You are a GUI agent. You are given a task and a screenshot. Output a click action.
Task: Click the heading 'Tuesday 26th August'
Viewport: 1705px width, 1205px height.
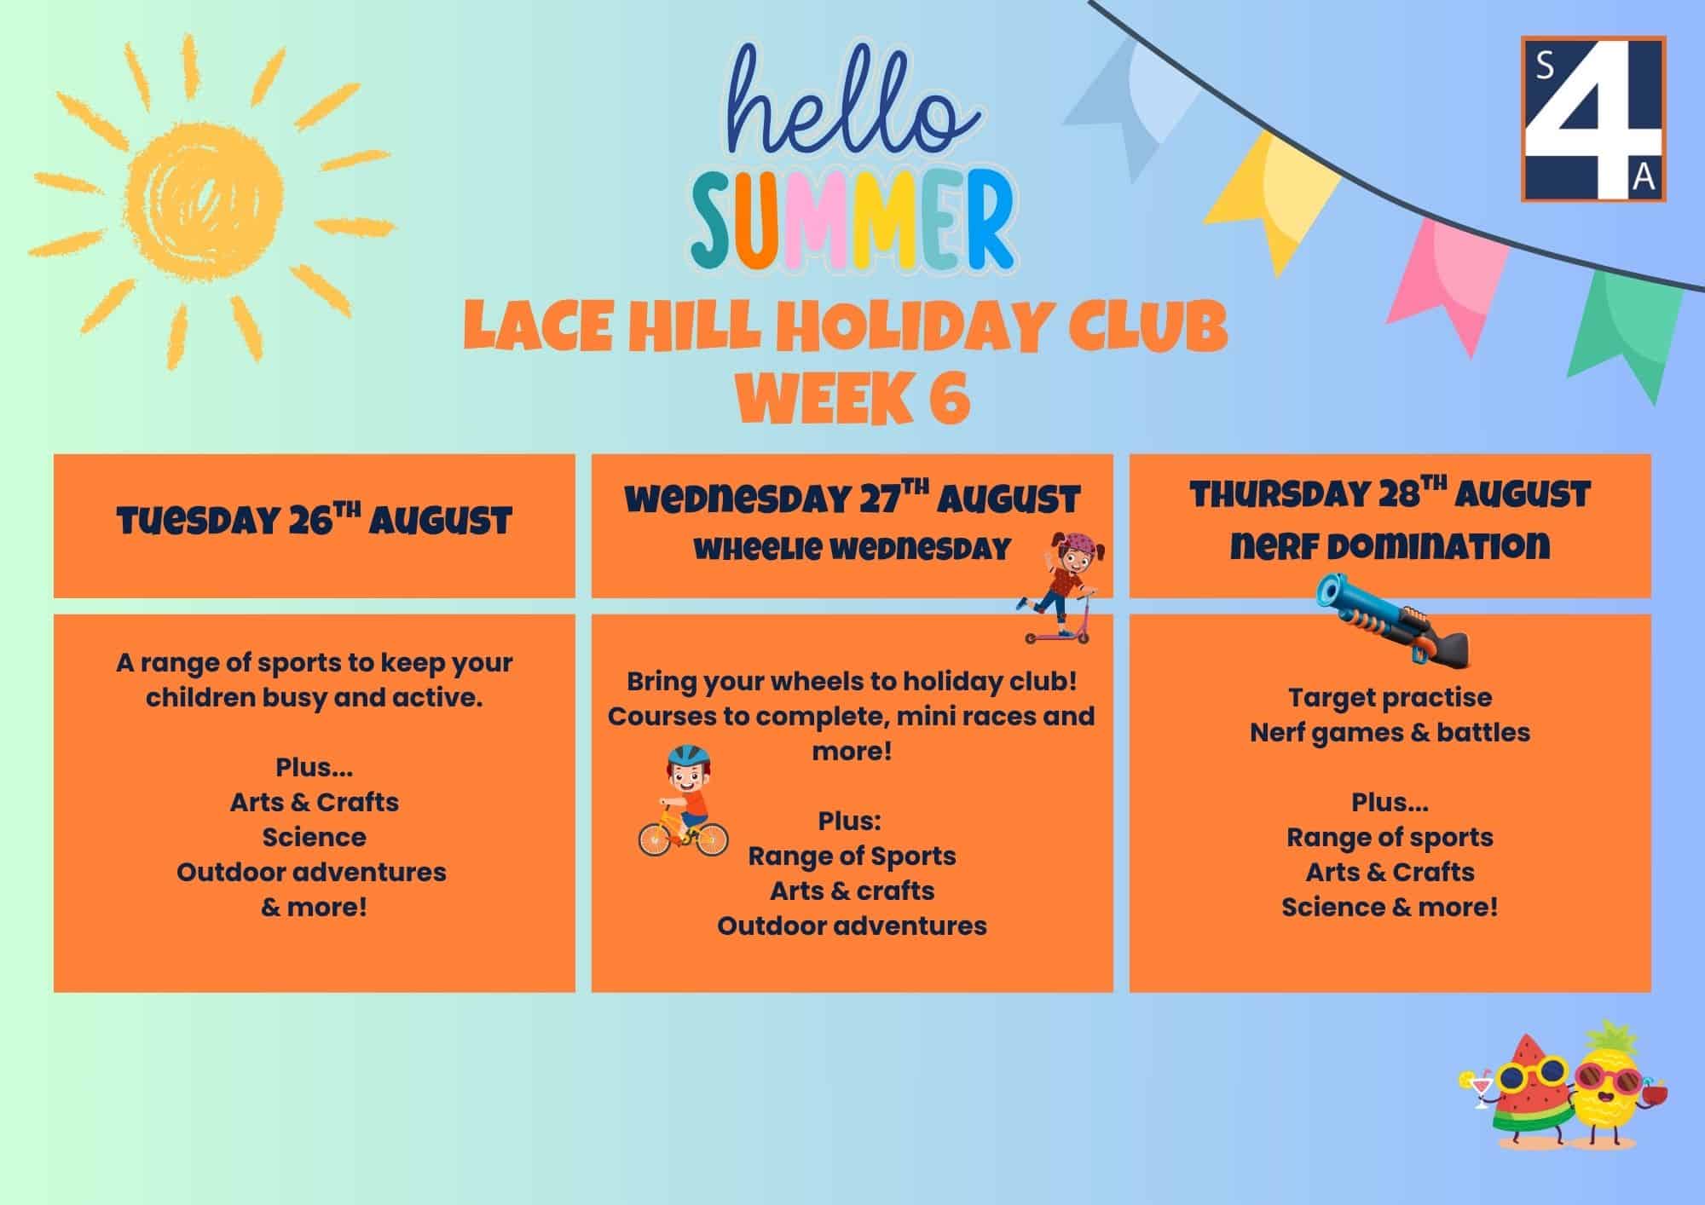(x=315, y=519)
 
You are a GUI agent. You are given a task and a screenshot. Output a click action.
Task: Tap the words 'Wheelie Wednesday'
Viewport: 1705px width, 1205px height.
(x=852, y=549)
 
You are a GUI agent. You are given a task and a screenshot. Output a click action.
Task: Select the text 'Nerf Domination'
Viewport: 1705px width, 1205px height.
(x=1390, y=545)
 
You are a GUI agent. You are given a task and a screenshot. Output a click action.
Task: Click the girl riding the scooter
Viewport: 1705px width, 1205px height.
(x=1057, y=588)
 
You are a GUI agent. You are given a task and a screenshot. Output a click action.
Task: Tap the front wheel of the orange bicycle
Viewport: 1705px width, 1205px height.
(x=708, y=839)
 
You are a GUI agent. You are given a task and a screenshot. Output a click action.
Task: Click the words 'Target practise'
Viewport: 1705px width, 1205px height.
(x=1390, y=697)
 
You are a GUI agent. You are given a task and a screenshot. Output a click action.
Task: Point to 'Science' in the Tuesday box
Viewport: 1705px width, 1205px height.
(x=315, y=837)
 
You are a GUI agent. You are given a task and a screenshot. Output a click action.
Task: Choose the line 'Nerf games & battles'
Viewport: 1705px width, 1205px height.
(x=1390, y=732)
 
